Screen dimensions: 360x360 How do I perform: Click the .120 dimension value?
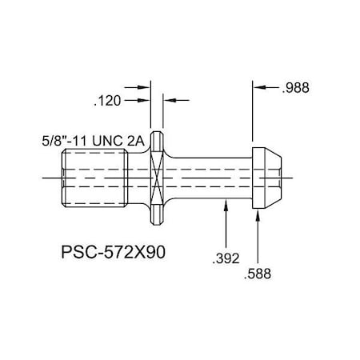(x=108, y=101)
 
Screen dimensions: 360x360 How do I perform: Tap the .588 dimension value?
(x=257, y=274)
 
